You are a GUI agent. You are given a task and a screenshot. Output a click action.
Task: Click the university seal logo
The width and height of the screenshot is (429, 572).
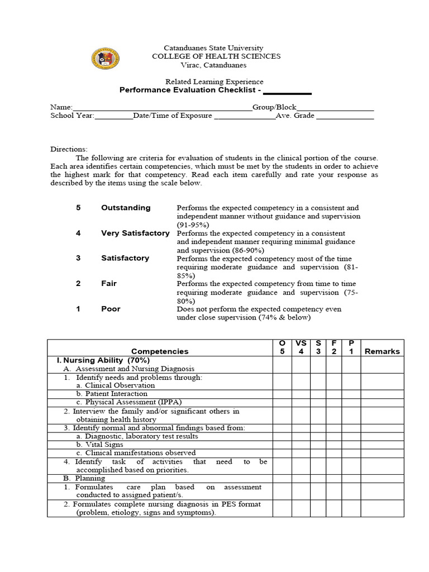105,59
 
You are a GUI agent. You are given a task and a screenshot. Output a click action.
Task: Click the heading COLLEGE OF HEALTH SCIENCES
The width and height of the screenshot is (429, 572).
216,56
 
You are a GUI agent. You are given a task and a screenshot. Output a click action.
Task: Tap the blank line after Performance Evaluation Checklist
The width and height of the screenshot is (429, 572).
287,91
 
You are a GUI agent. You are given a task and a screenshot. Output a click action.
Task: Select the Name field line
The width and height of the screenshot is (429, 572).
162,107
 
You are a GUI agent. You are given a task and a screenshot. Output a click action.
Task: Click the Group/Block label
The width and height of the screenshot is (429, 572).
274,107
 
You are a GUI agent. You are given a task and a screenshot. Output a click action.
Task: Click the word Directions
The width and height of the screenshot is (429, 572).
69,149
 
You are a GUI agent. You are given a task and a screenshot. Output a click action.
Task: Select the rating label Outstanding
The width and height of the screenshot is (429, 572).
126,208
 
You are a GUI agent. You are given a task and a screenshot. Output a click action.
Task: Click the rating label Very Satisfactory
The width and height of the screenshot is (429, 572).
135,233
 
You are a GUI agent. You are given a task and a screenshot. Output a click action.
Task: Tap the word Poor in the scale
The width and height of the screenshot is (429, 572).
111,309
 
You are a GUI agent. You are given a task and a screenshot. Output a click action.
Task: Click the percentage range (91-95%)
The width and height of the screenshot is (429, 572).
193,225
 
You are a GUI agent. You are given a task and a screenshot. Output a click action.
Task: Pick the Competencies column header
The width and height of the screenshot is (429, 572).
160,351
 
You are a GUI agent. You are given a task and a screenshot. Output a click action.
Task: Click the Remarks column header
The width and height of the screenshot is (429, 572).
382,351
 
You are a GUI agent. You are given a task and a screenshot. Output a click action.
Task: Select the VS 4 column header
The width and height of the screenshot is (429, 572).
301,347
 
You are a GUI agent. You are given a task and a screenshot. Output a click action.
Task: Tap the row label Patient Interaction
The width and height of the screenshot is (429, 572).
112,394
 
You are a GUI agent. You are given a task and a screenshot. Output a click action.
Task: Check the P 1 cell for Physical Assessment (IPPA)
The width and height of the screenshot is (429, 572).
351,402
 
